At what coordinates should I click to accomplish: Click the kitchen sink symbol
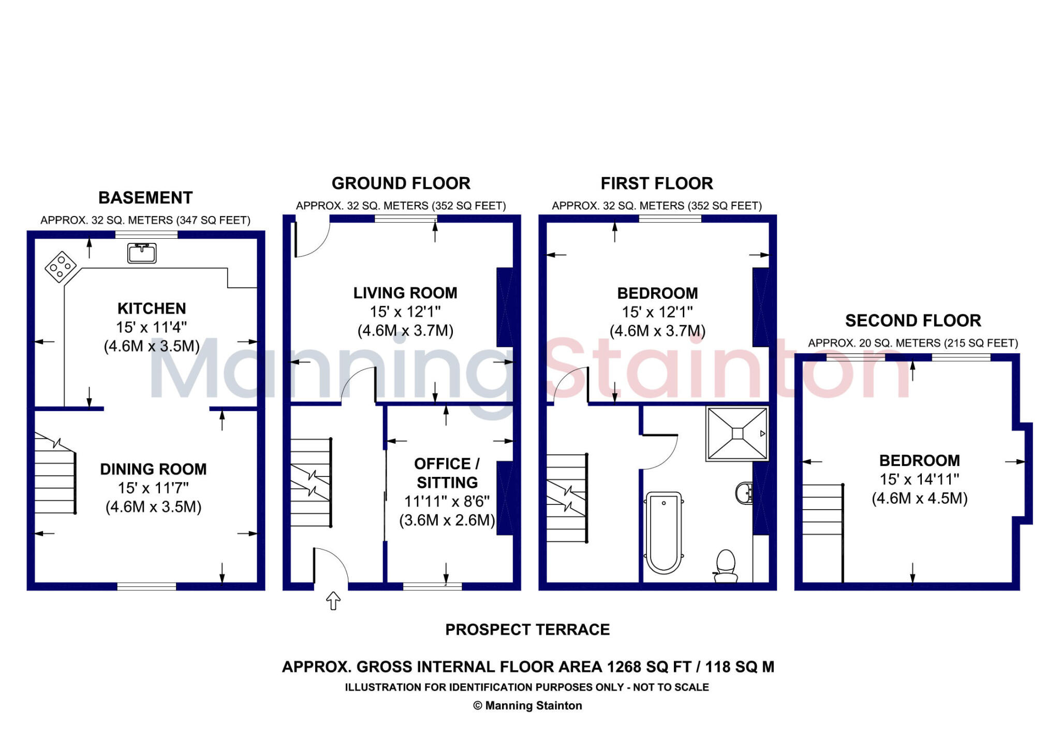click(x=142, y=253)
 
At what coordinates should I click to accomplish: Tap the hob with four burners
click(x=61, y=267)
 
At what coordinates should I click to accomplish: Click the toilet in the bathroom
click(x=726, y=566)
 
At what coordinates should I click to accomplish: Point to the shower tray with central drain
click(x=738, y=433)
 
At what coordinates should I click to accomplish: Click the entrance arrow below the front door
click(x=333, y=601)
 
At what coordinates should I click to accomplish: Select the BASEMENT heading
click(x=145, y=198)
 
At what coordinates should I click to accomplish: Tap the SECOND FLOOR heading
click(x=913, y=321)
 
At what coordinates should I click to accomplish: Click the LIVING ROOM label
click(x=405, y=293)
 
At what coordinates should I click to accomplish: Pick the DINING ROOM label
click(x=153, y=469)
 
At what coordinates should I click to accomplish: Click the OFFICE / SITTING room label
click(x=447, y=473)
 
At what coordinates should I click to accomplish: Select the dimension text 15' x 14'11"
click(x=919, y=480)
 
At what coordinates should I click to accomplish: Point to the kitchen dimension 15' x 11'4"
click(x=151, y=327)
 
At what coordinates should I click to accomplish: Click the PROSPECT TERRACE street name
click(x=527, y=630)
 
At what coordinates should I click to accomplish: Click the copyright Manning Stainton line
click(x=527, y=705)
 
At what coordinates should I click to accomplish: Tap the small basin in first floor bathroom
click(x=744, y=493)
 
